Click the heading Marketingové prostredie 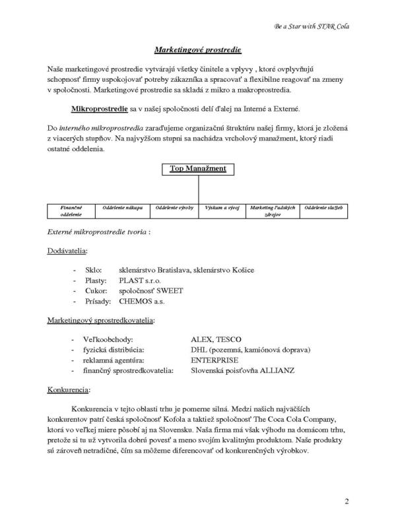[x=198, y=49]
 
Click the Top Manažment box [x=198, y=169]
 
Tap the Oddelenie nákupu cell [x=122, y=208]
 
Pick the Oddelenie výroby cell [x=174, y=208]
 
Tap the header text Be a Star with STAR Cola [x=311, y=27]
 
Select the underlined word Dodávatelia [x=67, y=251]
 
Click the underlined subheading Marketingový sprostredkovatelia [x=101, y=320]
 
